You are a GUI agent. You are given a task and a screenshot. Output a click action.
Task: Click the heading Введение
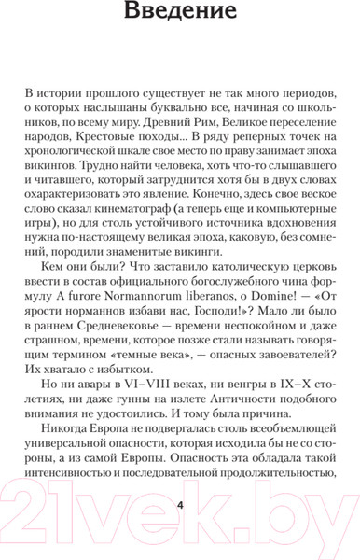tap(180, 16)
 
